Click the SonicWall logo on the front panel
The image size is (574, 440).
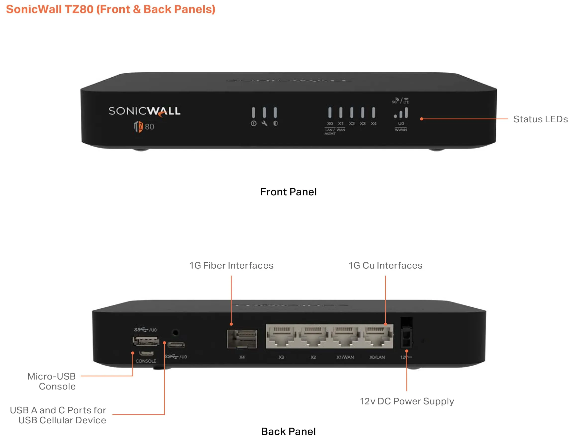[x=144, y=111]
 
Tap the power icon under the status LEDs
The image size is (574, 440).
[x=253, y=124]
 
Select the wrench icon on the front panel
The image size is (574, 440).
[x=264, y=124]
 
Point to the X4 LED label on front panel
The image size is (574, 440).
[x=373, y=124]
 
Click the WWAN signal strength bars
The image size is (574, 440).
[x=401, y=113]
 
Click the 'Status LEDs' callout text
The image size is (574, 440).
[x=540, y=119]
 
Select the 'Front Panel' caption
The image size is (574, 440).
[x=288, y=192]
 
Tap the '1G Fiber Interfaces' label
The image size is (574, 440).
[x=231, y=266]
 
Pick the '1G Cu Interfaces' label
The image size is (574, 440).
[x=385, y=266]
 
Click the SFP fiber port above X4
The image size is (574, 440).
[x=242, y=339]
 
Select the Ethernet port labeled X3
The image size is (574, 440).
[x=282, y=337]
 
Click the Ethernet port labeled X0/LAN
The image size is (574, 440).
[x=377, y=337]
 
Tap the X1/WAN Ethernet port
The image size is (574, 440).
[x=345, y=337]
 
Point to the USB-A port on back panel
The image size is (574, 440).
[x=146, y=341]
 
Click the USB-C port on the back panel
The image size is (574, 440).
[x=176, y=345]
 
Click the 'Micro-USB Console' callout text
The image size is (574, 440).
[x=51, y=381]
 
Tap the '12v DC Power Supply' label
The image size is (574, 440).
[x=407, y=401]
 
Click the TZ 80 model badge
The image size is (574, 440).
[x=144, y=127]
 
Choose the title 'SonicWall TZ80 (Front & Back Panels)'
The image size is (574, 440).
[x=110, y=9]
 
